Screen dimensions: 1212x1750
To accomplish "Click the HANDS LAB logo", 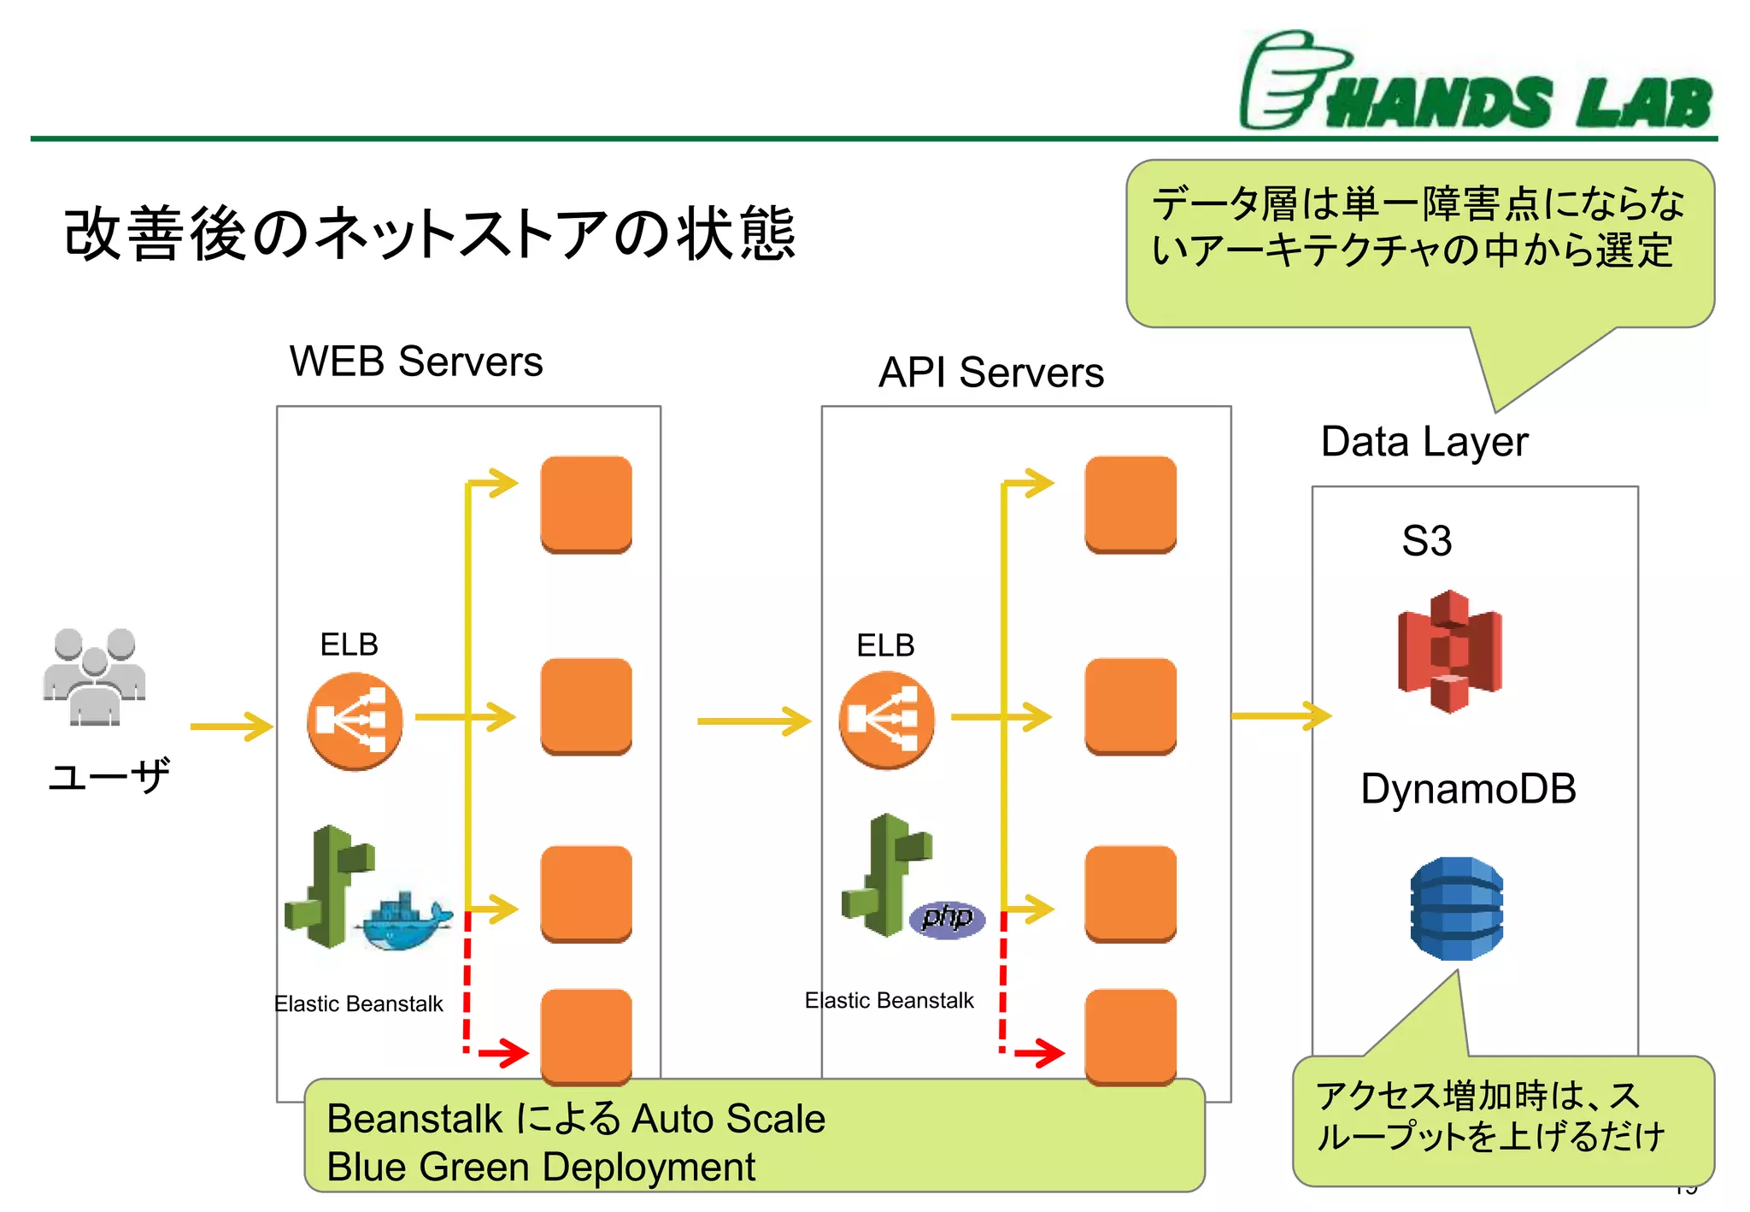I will (1476, 82).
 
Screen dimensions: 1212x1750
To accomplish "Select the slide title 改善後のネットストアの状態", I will (430, 233).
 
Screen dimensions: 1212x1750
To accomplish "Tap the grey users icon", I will (95, 677).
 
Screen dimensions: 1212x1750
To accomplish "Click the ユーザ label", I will (109, 776).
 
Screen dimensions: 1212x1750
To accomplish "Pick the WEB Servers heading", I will (415, 361).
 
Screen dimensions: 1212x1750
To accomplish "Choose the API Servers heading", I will (990, 373).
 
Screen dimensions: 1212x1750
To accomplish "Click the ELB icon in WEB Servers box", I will (355, 721).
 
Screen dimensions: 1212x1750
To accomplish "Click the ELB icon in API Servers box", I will (886, 720).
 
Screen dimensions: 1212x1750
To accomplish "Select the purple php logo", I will (947, 919).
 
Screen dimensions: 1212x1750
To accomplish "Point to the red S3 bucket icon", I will (1449, 651).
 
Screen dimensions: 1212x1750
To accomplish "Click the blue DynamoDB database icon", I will (1456, 908).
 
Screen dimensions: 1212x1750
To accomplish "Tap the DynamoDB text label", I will (1467, 788).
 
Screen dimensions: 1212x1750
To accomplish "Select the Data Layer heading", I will (1424, 442).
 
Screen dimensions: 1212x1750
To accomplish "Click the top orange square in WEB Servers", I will (586, 503).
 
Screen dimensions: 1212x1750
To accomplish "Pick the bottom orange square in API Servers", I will (1130, 1036).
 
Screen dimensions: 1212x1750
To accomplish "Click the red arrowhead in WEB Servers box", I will (513, 1052).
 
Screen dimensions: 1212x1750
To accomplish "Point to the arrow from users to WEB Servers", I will (231, 727).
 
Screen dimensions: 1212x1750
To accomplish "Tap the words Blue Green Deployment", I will (541, 1167).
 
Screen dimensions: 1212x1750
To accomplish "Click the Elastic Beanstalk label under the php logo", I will (889, 1000).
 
